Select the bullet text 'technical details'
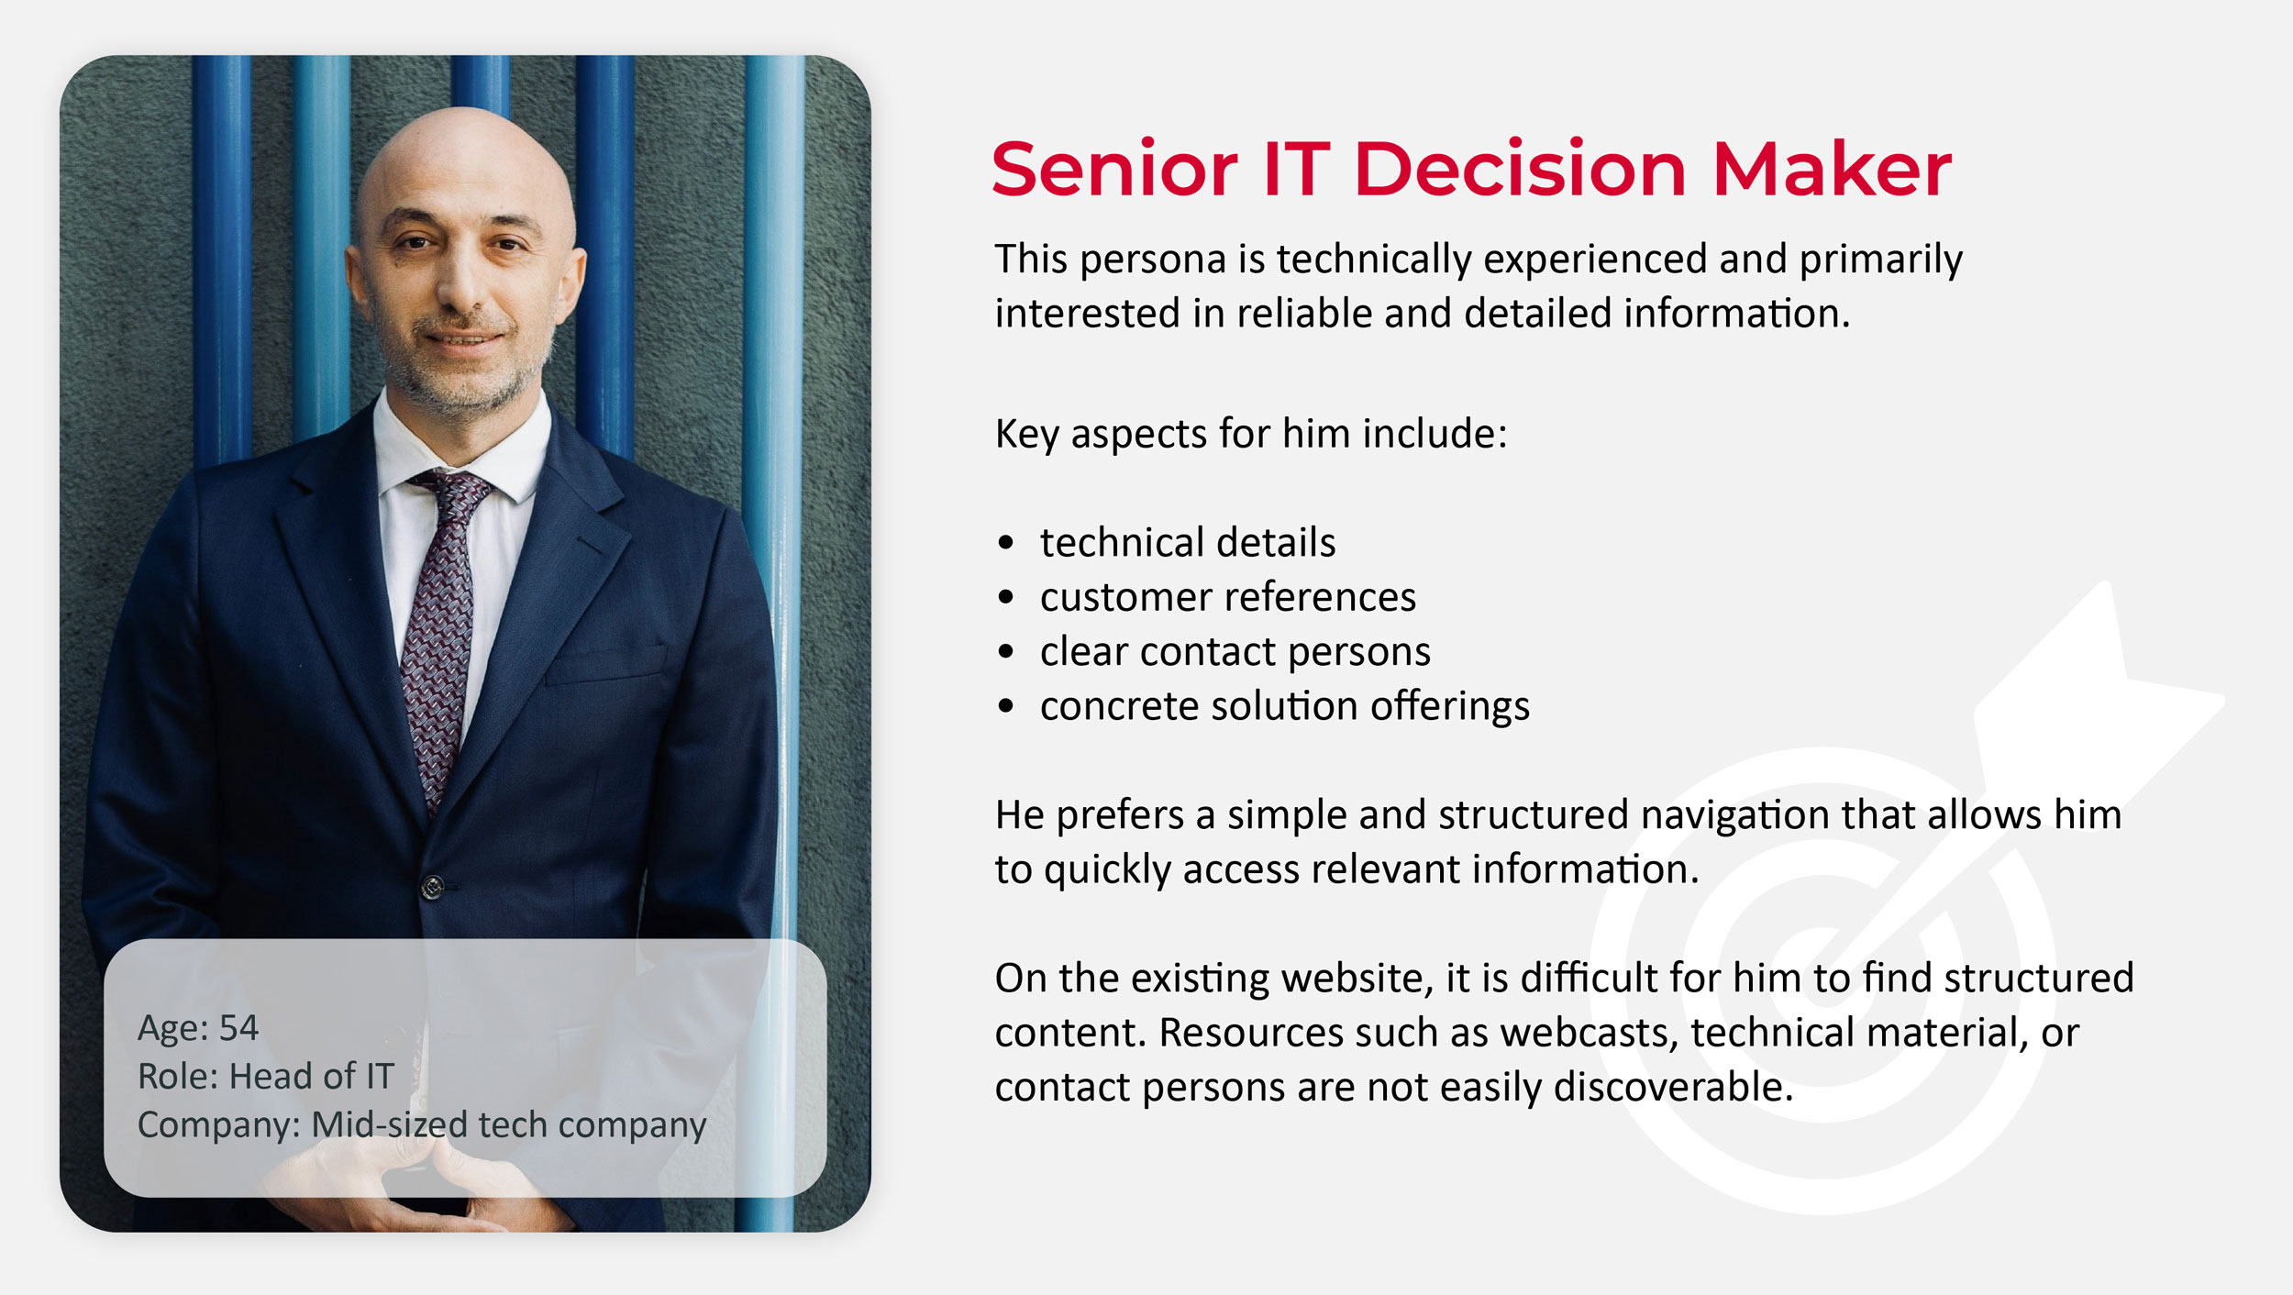[1188, 542]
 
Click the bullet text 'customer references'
[1228, 597]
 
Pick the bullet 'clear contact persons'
[1235, 651]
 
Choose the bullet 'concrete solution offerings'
[1285, 706]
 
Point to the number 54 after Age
[238, 1028]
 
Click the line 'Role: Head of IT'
[266, 1076]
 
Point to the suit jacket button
[433, 886]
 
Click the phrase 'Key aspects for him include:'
[1251, 434]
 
